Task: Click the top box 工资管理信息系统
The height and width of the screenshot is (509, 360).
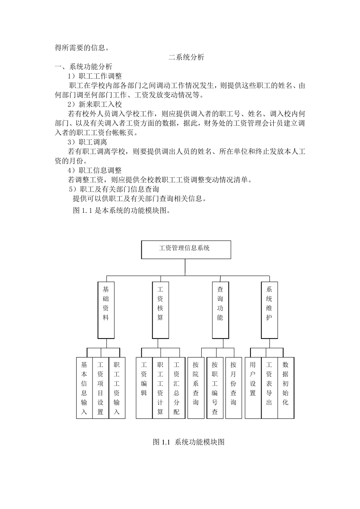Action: (x=186, y=250)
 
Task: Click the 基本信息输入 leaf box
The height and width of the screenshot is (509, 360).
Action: (x=84, y=388)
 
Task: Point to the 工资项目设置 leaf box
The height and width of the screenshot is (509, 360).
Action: (x=100, y=388)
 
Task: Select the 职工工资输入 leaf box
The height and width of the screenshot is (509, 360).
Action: (x=117, y=388)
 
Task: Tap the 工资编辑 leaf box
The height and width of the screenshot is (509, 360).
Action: (x=144, y=388)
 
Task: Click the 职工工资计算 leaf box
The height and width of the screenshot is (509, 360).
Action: (x=160, y=388)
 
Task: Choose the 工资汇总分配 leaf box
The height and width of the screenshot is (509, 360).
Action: (x=177, y=388)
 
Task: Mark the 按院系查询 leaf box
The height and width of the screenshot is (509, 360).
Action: (x=196, y=388)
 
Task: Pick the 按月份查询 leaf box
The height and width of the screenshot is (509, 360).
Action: (x=233, y=388)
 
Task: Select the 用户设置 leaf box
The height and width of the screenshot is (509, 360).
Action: (x=253, y=388)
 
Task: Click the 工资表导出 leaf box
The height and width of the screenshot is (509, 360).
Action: (x=269, y=388)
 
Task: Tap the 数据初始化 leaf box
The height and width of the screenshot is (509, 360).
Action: (x=286, y=388)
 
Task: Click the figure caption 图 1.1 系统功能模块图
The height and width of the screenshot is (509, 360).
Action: (x=189, y=442)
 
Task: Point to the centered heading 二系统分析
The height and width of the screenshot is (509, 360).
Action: (x=186, y=58)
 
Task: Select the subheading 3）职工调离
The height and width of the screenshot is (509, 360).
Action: (x=87, y=142)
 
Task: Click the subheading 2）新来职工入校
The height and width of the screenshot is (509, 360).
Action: (x=94, y=105)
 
